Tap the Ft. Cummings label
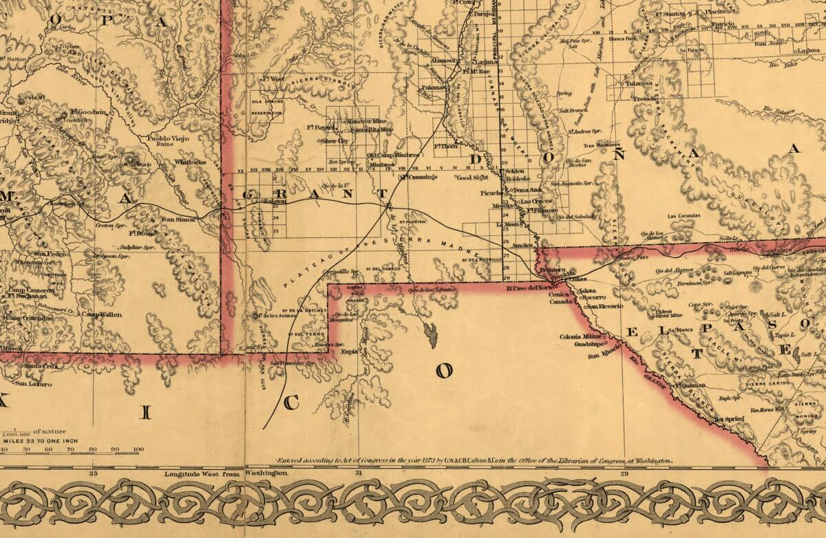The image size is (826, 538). pyautogui.click(x=419, y=177)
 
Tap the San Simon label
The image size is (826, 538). pyautogui.click(x=178, y=219)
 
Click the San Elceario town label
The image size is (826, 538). pyautogui.click(x=605, y=305)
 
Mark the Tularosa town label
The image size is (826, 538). pyautogui.click(x=638, y=83)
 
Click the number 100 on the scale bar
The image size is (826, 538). pyautogui.click(x=138, y=449)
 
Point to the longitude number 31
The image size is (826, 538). pyautogui.click(x=358, y=474)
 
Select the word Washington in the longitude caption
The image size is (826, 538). pyautogui.click(x=266, y=474)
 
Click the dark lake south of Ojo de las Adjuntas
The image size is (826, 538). pyautogui.click(x=432, y=335)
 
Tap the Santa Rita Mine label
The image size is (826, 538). pyautogui.click(x=371, y=129)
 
